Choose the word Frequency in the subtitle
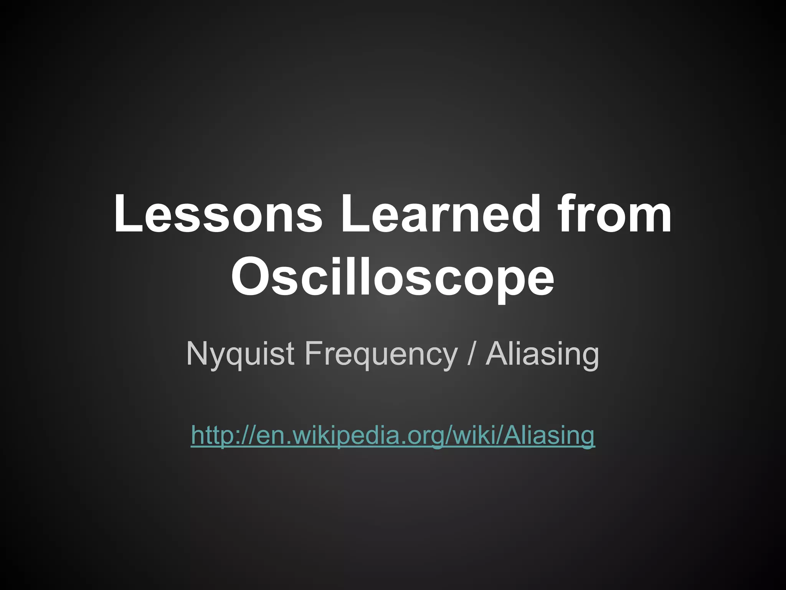[x=381, y=353]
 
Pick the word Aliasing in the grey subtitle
[x=542, y=353]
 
